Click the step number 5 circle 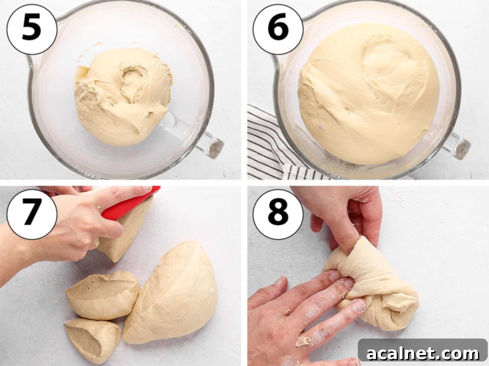coord(32,29)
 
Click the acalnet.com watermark coord(423,354)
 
